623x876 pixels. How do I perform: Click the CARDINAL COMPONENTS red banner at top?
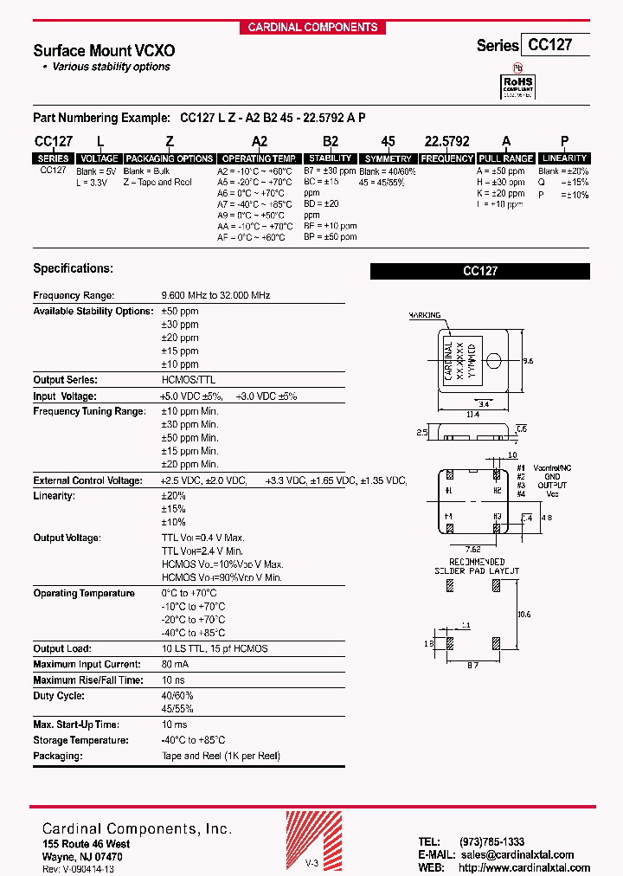[312, 27]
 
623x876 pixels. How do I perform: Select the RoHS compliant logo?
[519, 84]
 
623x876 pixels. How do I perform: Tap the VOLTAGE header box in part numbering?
[100, 159]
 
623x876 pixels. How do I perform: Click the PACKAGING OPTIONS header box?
[170, 159]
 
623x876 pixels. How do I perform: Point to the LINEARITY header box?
[563, 158]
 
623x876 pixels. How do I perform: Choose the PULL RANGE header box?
[506, 159]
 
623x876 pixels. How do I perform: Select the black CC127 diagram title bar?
[480, 271]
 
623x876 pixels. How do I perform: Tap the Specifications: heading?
[73, 269]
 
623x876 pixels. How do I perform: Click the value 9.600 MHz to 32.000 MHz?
[215, 296]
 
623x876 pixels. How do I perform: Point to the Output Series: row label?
[65, 380]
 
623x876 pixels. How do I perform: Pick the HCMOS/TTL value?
[189, 380]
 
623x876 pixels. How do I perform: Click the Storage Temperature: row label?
[80, 740]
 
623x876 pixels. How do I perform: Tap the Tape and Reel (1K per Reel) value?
[221, 756]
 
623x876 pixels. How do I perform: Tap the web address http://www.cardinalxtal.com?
[523, 867]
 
